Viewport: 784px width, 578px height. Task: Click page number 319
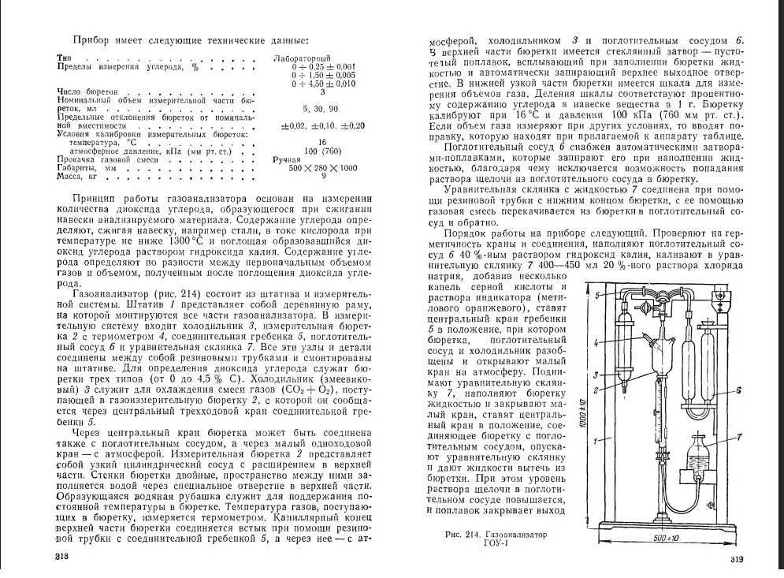[x=737, y=560]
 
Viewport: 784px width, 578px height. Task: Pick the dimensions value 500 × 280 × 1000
[x=322, y=167]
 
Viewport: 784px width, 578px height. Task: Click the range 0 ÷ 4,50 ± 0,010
[x=323, y=83]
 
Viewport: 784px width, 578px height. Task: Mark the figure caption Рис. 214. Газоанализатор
[x=493, y=534]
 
